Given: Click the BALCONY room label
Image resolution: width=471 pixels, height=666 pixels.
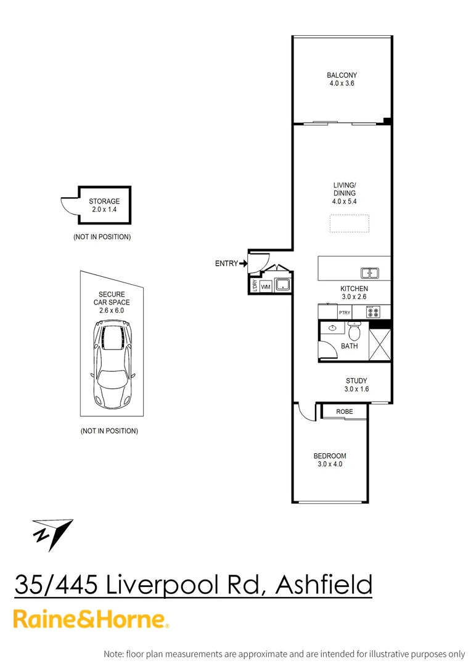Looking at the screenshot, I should coord(342,76).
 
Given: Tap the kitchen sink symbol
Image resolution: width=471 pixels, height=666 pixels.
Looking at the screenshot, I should coord(371,273).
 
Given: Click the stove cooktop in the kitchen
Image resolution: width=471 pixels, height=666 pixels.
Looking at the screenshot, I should coord(374,312).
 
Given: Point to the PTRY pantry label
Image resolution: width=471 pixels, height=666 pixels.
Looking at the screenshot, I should coord(344,313).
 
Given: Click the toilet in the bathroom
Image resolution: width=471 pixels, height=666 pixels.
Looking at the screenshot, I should coord(354,332).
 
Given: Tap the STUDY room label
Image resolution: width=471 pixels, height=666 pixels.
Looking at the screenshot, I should coord(356,380).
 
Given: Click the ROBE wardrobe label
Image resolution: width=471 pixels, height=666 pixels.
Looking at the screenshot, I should coord(345,411).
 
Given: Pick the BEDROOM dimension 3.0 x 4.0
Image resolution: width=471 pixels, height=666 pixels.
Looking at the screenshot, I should coord(330,464).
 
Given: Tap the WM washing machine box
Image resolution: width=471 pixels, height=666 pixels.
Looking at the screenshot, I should coord(266,287).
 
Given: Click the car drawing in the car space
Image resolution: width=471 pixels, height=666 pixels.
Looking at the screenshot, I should coord(113,366).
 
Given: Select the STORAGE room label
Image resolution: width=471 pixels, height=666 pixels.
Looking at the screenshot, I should coord(104,202).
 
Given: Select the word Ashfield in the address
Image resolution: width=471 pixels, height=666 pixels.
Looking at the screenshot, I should coord(324,585).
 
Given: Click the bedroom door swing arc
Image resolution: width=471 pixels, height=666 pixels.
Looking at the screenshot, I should coord(303,412).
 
